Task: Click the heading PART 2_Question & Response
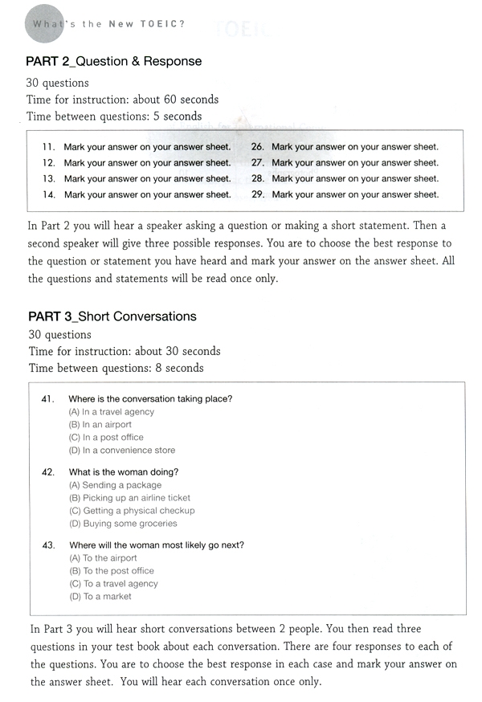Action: click(x=113, y=62)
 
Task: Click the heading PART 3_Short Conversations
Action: click(x=112, y=316)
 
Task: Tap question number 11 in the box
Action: click(x=48, y=147)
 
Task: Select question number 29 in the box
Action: click(x=258, y=194)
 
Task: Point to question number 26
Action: click(x=258, y=147)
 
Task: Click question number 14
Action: click(x=48, y=194)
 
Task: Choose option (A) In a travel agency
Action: click(x=112, y=412)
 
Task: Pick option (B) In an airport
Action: click(x=100, y=425)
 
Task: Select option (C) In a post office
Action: click(x=107, y=438)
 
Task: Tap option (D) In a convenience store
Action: click(x=122, y=451)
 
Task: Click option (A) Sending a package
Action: click(x=116, y=485)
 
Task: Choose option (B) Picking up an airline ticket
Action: click(x=130, y=498)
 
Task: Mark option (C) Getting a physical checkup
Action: click(x=133, y=511)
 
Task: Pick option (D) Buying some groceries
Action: click(x=124, y=524)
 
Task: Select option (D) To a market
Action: click(x=100, y=597)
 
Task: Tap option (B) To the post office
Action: click(x=112, y=571)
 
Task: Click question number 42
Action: click(x=47, y=472)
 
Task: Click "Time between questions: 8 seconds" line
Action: click(x=116, y=369)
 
